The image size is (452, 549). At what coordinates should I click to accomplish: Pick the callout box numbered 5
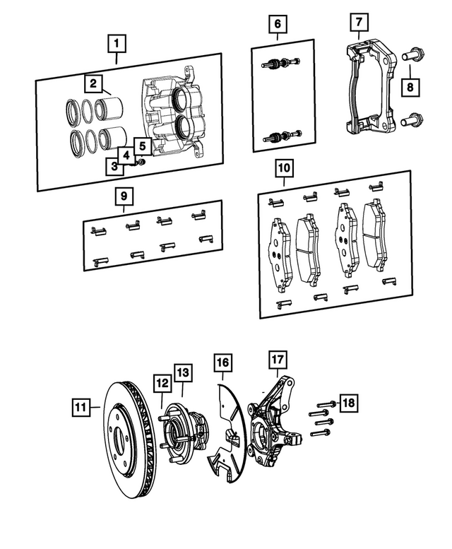coord(141,146)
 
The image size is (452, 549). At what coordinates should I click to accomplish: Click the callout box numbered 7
coord(359,22)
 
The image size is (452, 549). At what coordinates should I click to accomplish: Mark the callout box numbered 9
coord(123,194)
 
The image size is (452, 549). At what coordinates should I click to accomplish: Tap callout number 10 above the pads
coord(284,169)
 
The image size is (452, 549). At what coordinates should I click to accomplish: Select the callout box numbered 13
coord(182,372)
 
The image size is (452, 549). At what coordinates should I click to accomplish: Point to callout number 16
coord(223,363)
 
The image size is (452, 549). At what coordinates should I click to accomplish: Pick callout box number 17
coord(276,360)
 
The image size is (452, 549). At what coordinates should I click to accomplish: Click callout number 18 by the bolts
coord(347,403)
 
